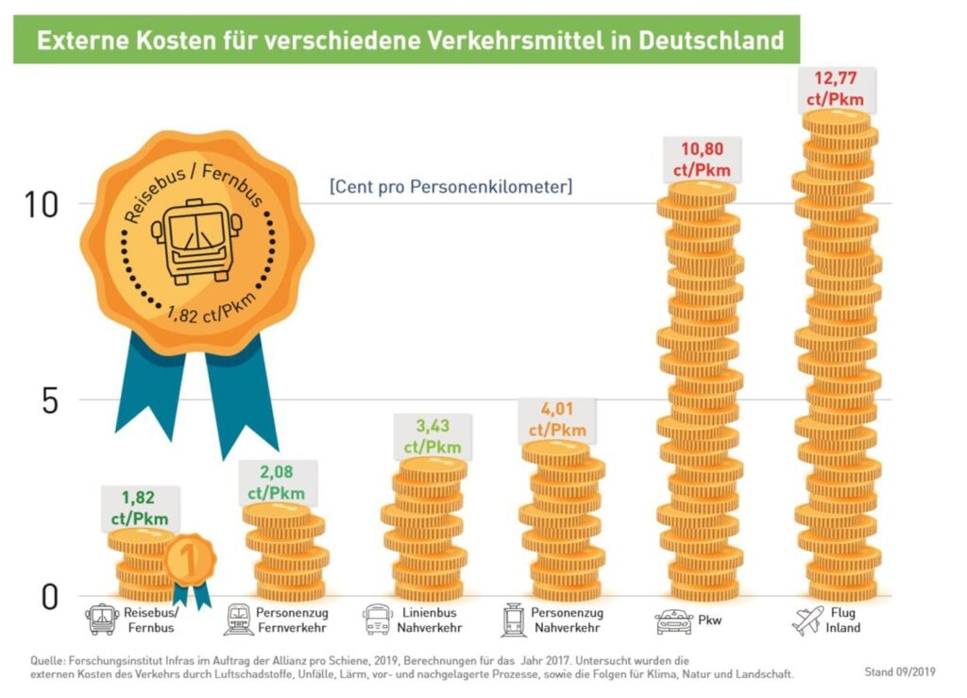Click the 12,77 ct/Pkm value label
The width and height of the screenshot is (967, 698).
tap(834, 89)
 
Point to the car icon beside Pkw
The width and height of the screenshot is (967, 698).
tap(672, 621)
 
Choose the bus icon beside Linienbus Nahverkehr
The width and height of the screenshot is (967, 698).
tap(377, 621)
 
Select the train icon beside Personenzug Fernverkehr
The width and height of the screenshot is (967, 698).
tap(238, 621)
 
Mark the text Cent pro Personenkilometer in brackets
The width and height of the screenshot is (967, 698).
tap(450, 187)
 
